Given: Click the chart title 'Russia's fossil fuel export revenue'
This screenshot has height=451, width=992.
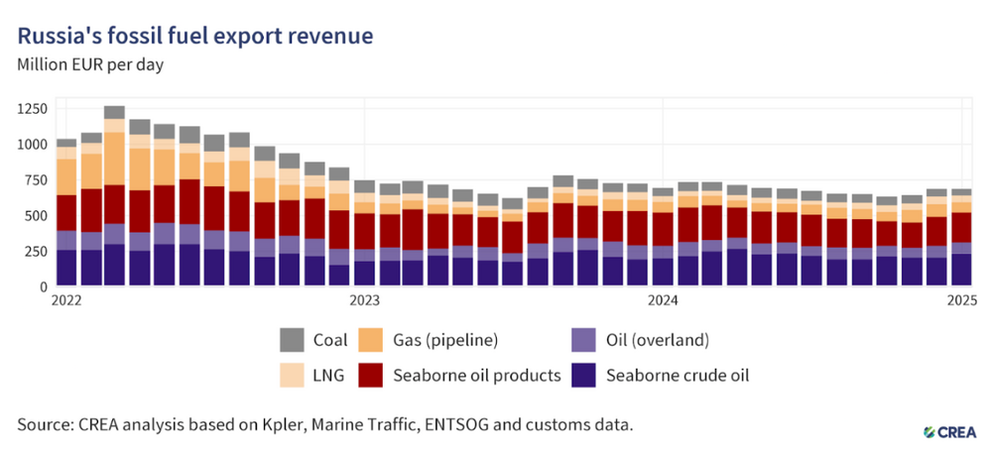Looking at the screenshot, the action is click(194, 37).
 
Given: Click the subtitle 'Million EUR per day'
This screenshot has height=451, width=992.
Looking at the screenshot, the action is click(90, 65).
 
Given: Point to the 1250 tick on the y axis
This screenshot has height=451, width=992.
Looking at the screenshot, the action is click(31, 109).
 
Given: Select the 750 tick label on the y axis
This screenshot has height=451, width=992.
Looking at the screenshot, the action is click(35, 180).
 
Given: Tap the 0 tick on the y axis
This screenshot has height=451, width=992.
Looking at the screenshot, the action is click(44, 286).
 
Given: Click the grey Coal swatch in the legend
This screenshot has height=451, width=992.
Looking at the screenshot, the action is click(292, 340).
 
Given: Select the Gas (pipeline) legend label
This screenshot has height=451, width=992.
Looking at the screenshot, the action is click(446, 340).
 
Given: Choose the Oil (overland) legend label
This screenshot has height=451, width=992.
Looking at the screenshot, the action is click(658, 340).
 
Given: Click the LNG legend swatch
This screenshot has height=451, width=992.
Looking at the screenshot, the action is click(292, 376).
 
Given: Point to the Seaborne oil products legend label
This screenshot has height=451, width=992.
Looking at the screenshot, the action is click(477, 376).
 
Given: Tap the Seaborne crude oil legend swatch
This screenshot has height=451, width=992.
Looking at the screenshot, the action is click(582, 376).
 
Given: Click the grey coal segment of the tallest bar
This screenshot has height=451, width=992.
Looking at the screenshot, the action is click(114, 113).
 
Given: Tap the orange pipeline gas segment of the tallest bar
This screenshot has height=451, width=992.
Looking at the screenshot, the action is click(114, 159).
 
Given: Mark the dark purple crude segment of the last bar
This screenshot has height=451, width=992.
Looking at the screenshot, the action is click(961, 270).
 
